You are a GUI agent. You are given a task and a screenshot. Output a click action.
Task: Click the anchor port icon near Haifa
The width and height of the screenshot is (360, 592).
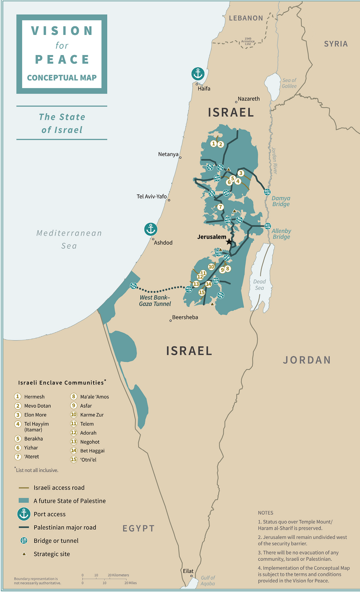click(x=198, y=74)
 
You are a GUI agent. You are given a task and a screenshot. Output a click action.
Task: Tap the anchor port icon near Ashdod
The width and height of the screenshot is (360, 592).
click(x=151, y=229)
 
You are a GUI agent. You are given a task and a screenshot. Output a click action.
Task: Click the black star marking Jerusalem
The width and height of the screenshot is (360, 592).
click(x=229, y=242)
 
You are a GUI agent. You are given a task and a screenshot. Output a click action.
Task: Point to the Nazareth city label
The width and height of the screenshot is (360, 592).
click(x=248, y=99)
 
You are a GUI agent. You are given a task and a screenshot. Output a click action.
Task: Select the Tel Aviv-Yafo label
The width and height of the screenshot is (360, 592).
click(x=152, y=196)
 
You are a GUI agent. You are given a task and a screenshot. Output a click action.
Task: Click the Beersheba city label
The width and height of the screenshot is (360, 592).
click(x=185, y=317)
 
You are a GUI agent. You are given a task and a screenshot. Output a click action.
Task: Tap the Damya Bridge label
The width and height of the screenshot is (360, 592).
click(x=281, y=201)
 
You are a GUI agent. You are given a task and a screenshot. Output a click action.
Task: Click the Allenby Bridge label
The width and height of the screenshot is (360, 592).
click(x=281, y=234)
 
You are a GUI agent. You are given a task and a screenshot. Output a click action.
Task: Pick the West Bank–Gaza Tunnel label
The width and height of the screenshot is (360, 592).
click(x=155, y=301)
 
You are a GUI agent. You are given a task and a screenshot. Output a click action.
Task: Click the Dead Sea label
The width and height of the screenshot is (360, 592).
click(x=259, y=284)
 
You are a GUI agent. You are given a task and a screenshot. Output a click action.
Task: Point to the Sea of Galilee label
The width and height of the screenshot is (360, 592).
click(x=289, y=83)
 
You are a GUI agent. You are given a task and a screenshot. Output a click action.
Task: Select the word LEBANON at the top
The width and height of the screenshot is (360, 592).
click(x=246, y=18)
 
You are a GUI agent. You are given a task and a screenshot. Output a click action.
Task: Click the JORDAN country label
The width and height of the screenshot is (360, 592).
click(x=307, y=360)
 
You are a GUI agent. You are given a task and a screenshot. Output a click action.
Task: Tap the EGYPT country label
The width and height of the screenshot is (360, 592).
click(x=139, y=528)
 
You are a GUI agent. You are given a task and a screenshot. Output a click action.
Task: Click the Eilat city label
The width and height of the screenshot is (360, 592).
click(x=188, y=571)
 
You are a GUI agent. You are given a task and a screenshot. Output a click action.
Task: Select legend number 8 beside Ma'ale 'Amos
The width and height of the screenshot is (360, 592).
click(x=73, y=396)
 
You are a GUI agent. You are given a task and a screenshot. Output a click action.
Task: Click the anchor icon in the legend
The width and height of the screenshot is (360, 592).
click(x=24, y=514)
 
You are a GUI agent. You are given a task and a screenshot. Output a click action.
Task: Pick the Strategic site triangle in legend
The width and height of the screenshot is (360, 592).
click(x=24, y=554)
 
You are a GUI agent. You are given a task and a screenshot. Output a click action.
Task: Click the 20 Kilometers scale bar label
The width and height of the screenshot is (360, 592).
click(x=118, y=575)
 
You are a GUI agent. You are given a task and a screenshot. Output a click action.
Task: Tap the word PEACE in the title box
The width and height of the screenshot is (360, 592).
click(x=62, y=59)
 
